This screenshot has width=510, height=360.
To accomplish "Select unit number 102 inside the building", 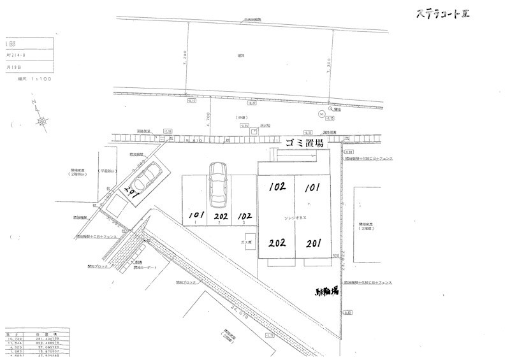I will pyautogui.click(x=277, y=187).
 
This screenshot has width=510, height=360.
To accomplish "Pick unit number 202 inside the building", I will pyautogui.click(x=277, y=243).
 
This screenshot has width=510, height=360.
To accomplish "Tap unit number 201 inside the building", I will pyautogui.click(x=313, y=243).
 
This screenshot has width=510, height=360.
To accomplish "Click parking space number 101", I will pyautogui.click(x=196, y=215).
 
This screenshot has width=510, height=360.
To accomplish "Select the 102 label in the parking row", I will pyautogui.click(x=244, y=215).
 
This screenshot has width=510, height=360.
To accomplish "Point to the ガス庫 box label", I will pyautogui.click(x=244, y=243).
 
